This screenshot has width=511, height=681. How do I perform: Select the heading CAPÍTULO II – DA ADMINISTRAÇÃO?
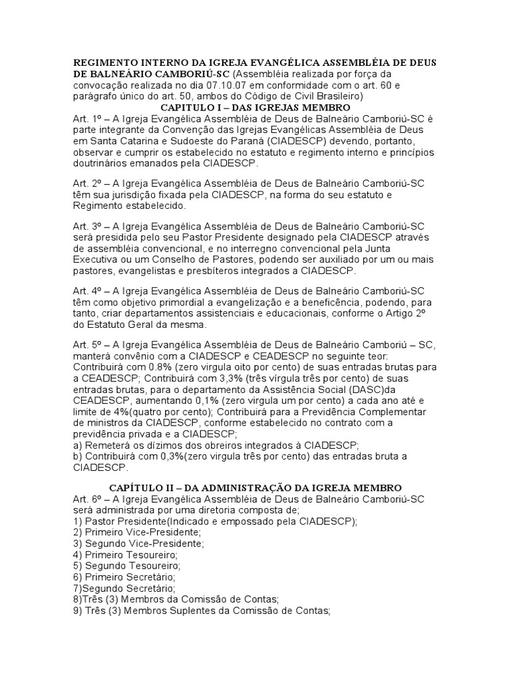tap(255, 488)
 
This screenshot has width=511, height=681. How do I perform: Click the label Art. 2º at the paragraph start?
tap(86, 184)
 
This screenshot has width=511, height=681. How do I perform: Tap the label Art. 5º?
tap(86, 346)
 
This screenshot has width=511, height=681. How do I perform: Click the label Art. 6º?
tap(86, 499)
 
